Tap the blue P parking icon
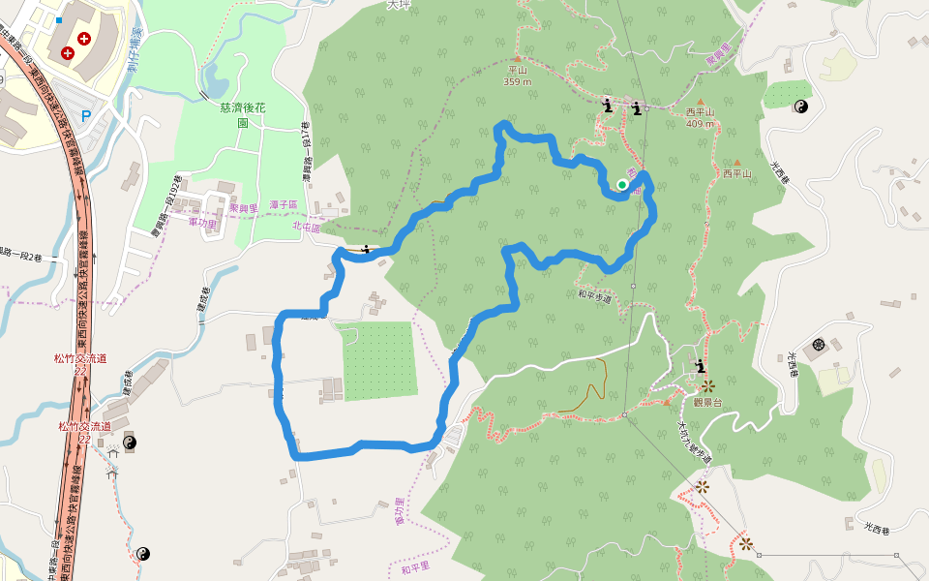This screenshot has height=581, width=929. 86,114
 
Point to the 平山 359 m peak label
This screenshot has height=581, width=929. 518,76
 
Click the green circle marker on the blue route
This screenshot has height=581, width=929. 622,184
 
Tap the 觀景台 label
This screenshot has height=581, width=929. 708,402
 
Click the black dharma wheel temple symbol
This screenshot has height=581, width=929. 819,344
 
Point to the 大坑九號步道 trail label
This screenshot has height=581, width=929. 693,441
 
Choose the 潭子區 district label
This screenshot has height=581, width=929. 282,204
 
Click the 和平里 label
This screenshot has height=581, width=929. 415,567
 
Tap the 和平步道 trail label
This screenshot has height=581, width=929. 595,296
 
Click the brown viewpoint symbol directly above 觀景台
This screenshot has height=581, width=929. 708,385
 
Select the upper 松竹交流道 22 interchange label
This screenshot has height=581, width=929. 80,364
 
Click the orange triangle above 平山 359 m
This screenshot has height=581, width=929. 518,44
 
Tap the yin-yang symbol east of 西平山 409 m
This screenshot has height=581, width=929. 800,107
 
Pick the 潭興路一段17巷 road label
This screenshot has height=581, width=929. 305,145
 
